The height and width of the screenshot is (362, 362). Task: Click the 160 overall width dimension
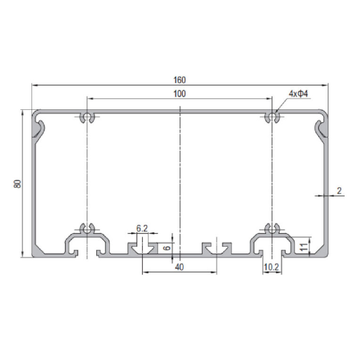[180, 80]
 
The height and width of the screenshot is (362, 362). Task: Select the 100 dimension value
[180, 94]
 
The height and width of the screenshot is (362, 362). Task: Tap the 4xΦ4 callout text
[298, 94]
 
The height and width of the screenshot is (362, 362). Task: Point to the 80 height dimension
[17, 183]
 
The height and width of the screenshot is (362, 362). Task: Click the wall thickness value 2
[339, 191]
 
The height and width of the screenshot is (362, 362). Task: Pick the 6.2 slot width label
[142, 228]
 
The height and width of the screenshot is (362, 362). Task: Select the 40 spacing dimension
[180, 267]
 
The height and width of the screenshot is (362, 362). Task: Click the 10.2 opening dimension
[271, 267]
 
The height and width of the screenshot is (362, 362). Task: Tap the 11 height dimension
[304, 247]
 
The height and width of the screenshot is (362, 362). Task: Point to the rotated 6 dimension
[167, 248]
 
